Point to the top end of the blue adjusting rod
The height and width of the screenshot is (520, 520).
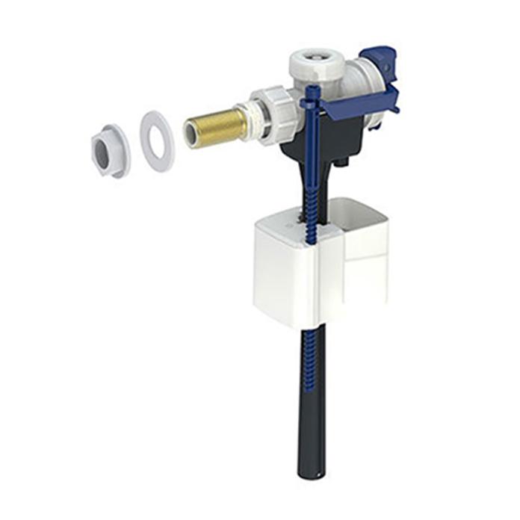312,93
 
